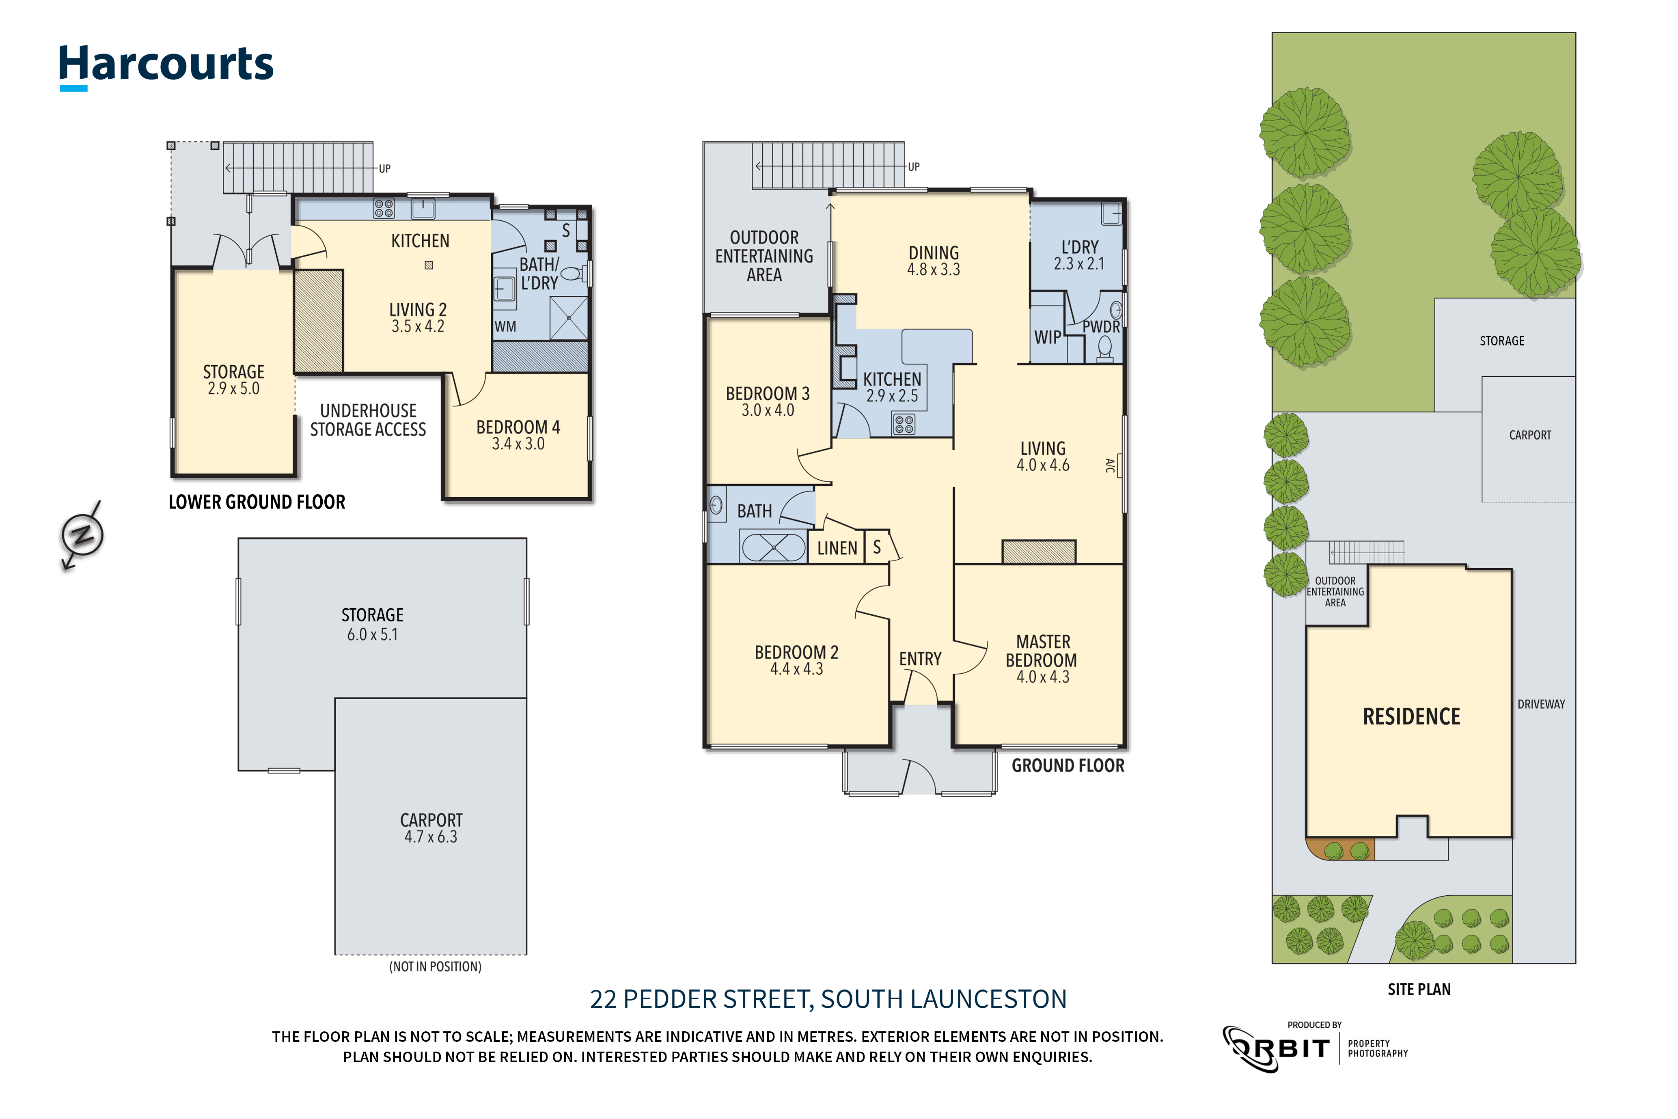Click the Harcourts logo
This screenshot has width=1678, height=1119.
(166, 67)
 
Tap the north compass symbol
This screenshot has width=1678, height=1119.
(82, 535)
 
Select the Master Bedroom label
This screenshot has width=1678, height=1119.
(1042, 651)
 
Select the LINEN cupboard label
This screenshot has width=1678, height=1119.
(837, 548)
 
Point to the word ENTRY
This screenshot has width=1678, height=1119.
(920, 659)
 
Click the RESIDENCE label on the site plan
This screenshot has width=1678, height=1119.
(1411, 716)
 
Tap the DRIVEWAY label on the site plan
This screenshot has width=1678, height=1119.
(1541, 704)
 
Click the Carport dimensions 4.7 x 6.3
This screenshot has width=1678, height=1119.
(430, 837)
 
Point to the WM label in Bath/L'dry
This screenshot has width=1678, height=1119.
(505, 327)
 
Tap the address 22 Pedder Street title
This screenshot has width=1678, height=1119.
(828, 999)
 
